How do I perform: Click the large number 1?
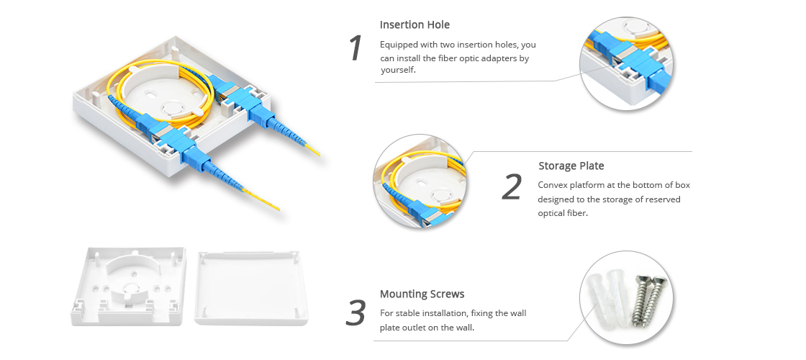tap(356, 48)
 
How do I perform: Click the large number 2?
tap(512, 186)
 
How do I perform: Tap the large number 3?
tap(356, 312)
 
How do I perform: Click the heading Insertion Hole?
tap(415, 24)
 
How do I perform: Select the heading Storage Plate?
tap(571, 166)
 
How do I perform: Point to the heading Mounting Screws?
tap(422, 294)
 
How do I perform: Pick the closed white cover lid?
tap(253, 288)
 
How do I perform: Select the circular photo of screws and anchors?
tap(627, 297)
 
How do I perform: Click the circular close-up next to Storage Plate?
tap(420, 181)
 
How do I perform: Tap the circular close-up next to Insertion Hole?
tap(627, 64)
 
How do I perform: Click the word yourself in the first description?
tap(398, 71)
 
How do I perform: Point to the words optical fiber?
tap(562, 213)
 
